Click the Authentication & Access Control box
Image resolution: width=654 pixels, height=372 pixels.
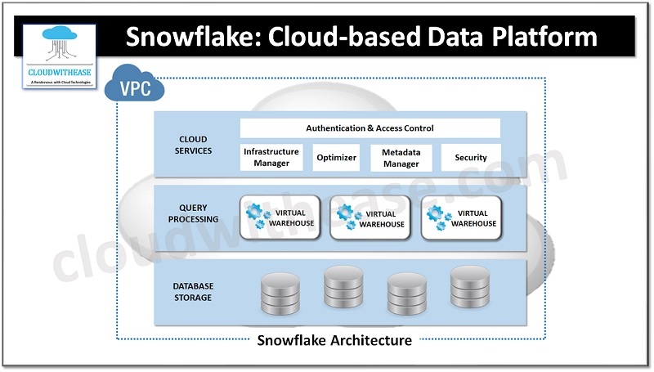point(370,128)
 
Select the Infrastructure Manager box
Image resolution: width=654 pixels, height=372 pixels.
point(271,157)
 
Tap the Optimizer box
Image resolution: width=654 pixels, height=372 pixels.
point(336,158)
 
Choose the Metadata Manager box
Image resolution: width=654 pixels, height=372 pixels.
point(401,158)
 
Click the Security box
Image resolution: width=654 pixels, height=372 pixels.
point(471,158)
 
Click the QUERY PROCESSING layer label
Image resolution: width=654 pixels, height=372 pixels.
point(193,213)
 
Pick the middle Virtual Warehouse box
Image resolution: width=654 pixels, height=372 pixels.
point(370,217)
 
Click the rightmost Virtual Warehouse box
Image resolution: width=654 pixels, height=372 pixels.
point(462,217)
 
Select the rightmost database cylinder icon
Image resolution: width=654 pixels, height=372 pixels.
point(469,287)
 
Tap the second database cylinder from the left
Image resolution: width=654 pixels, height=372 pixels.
point(343,287)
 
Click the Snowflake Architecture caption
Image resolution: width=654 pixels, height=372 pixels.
point(334,340)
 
